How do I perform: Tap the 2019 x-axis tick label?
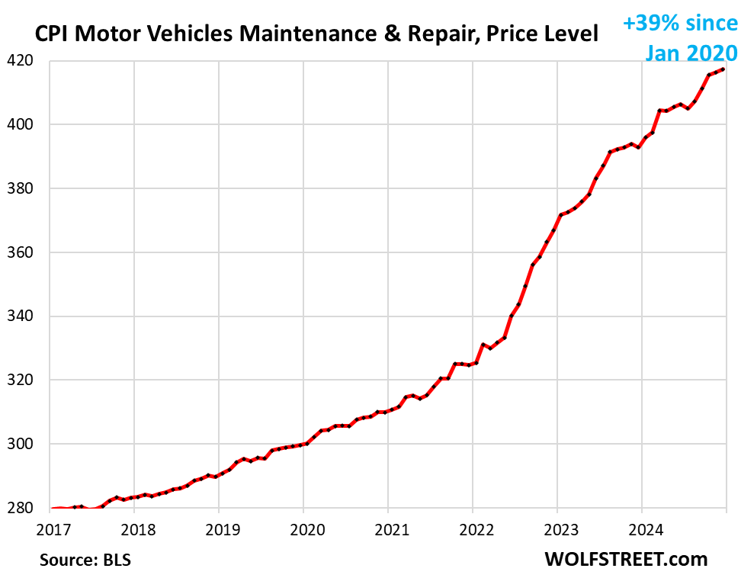pos(218,527)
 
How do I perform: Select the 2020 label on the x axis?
pos(303,527)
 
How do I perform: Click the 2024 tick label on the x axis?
pos(641,527)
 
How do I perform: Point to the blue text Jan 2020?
pos(691,52)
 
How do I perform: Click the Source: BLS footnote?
pos(85,560)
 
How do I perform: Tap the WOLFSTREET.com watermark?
pos(626,559)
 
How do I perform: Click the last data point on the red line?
pos(723,69)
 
